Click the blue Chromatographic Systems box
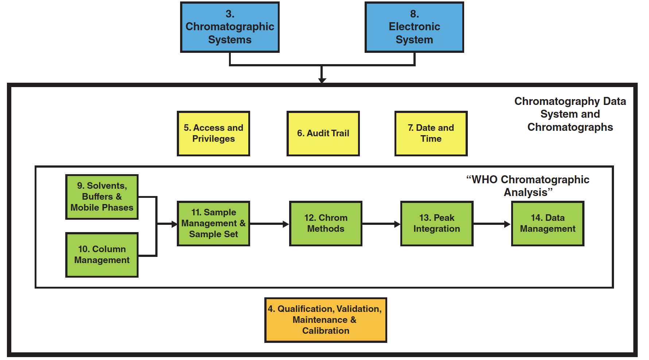tap(230, 27)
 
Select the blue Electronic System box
tap(414, 27)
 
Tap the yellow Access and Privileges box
tap(213, 133)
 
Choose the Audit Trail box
tap(323, 133)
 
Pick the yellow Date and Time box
tap(431, 133)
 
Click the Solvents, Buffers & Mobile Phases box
tap(102, 197)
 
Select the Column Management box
tap(102, 255)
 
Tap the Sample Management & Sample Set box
tap(213, 223)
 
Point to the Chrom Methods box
tap(326, 223)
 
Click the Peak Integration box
tap(437, 223)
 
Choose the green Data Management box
tap(548, 223)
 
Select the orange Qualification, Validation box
tap(326, 320)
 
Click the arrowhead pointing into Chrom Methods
tap(286, 224)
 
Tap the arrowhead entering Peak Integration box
tap(397, 224)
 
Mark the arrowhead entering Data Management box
tap(507, 224)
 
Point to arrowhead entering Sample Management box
tap(174, 224)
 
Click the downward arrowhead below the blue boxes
tap(322, 80)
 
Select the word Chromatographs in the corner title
tap(570, 127)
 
